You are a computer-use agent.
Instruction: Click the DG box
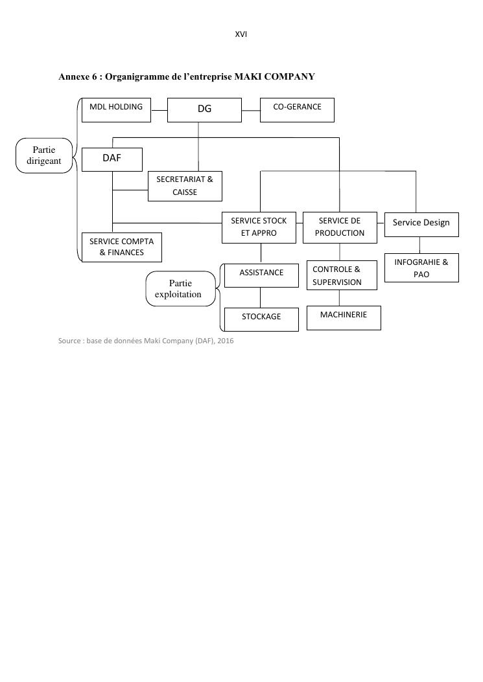tap(204, 109)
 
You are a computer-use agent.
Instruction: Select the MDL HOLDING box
tap(116, 109)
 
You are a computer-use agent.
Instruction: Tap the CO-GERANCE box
tap(297, 109)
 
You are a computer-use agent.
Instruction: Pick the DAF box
tap(112, 159)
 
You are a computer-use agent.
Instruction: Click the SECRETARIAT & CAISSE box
tap(185, 186)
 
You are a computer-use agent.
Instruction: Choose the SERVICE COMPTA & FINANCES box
tap(122, 247)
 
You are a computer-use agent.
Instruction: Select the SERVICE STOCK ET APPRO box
tap(259, 227)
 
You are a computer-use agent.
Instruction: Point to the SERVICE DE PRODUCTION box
tap(340, 227)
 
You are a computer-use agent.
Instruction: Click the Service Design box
tap(421, 224)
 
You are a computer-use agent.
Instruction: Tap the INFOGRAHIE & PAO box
tap(421, 268)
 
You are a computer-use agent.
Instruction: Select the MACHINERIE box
tap(344, 317)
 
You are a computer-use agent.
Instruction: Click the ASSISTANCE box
tap(261, 275)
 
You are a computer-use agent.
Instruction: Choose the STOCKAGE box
tap(261, 319)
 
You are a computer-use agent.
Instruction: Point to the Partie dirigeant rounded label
tap(44, 155)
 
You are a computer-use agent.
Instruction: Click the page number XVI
tap(241, 34)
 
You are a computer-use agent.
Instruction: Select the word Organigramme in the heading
tap(134, 76)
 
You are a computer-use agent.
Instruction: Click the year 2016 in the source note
tap(226, 341)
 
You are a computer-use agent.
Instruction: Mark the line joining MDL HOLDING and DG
tap(159, 109)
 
